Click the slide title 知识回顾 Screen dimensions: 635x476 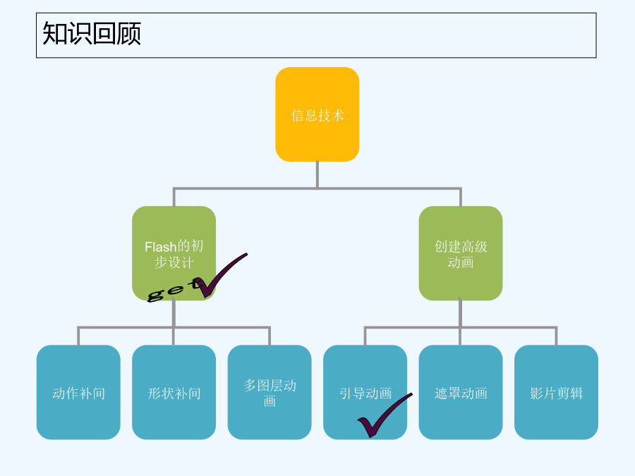click(x=92, y=33)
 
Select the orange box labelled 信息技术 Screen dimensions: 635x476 click(x=317, y=114)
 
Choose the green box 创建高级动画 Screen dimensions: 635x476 click(x=461, y=253)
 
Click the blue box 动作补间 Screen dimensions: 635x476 click(x=78, y=392)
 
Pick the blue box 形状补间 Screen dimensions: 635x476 click(x=174, y=392)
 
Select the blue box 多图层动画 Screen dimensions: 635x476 click(x=270, y=392)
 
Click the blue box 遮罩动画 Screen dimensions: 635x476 click(x=461, y=392)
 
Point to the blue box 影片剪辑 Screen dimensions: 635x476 click(x=556, y=392)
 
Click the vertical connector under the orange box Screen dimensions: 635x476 click(x=317, y=175)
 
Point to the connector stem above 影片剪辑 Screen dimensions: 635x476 click(x=556, y=336)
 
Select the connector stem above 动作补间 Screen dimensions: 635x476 click(x=78, y=336)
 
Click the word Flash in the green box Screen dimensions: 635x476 click(x=161, y=247)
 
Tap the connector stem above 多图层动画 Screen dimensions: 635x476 click(x=270, y=336)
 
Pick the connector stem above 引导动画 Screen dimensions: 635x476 click(x=365, y=336)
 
